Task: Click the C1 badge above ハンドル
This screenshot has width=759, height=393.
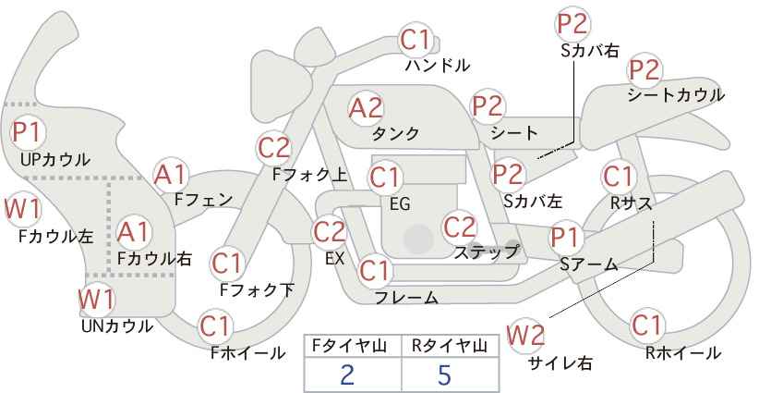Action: point(416,40)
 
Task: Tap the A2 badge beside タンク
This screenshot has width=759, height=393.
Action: point(366,107)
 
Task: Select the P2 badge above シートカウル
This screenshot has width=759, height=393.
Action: point(645,70)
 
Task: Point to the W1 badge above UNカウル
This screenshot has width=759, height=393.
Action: point(96,300)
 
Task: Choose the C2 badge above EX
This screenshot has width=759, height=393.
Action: point(331,231)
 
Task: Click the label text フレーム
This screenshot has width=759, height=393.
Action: point(406,298)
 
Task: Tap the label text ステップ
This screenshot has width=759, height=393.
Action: point(487,252)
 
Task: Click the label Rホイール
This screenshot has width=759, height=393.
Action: point(683,352)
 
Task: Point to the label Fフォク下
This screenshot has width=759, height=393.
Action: point(257,290)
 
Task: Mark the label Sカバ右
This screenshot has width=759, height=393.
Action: point(589,52)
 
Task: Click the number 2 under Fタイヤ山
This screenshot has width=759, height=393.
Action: point(347,375)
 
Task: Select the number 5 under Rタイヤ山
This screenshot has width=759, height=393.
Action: point(445,375)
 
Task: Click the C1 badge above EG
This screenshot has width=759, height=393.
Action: point(385,177)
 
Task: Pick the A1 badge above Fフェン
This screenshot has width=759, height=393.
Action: point(171,174)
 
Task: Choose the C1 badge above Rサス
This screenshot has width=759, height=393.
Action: point(618,176)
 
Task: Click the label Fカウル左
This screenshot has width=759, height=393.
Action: point(55,236)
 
